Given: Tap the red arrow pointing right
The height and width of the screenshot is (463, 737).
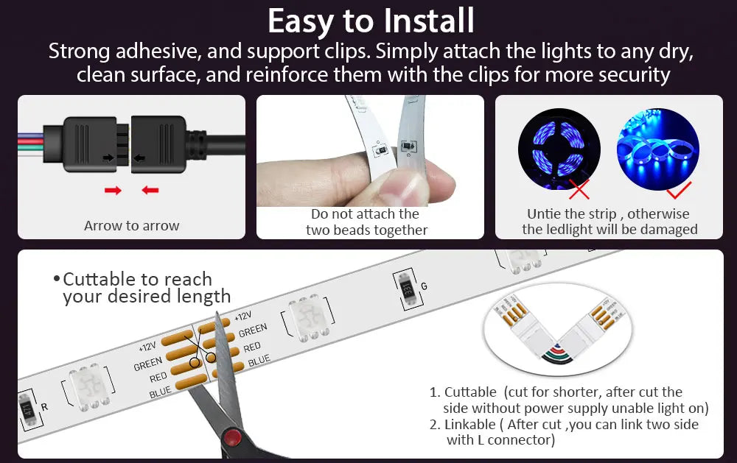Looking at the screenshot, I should coord(113,191).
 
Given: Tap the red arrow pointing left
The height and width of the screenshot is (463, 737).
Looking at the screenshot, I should coord(150,191).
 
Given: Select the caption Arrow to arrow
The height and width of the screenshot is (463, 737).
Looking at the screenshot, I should coord(131,226).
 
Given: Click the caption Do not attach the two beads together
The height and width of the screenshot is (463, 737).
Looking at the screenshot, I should coord(366,222).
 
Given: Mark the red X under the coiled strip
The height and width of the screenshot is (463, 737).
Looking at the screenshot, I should coord(579,191).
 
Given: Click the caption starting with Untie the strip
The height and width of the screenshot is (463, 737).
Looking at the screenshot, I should coord(609,222).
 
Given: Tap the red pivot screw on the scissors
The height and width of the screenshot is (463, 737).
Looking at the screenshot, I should coord(233,438).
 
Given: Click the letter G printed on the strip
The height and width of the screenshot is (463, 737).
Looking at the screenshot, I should coord(424,286).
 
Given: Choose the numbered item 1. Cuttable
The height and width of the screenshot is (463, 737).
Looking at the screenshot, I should coord(568,400).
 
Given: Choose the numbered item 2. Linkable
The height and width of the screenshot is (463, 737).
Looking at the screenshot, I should coord(565,432).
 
